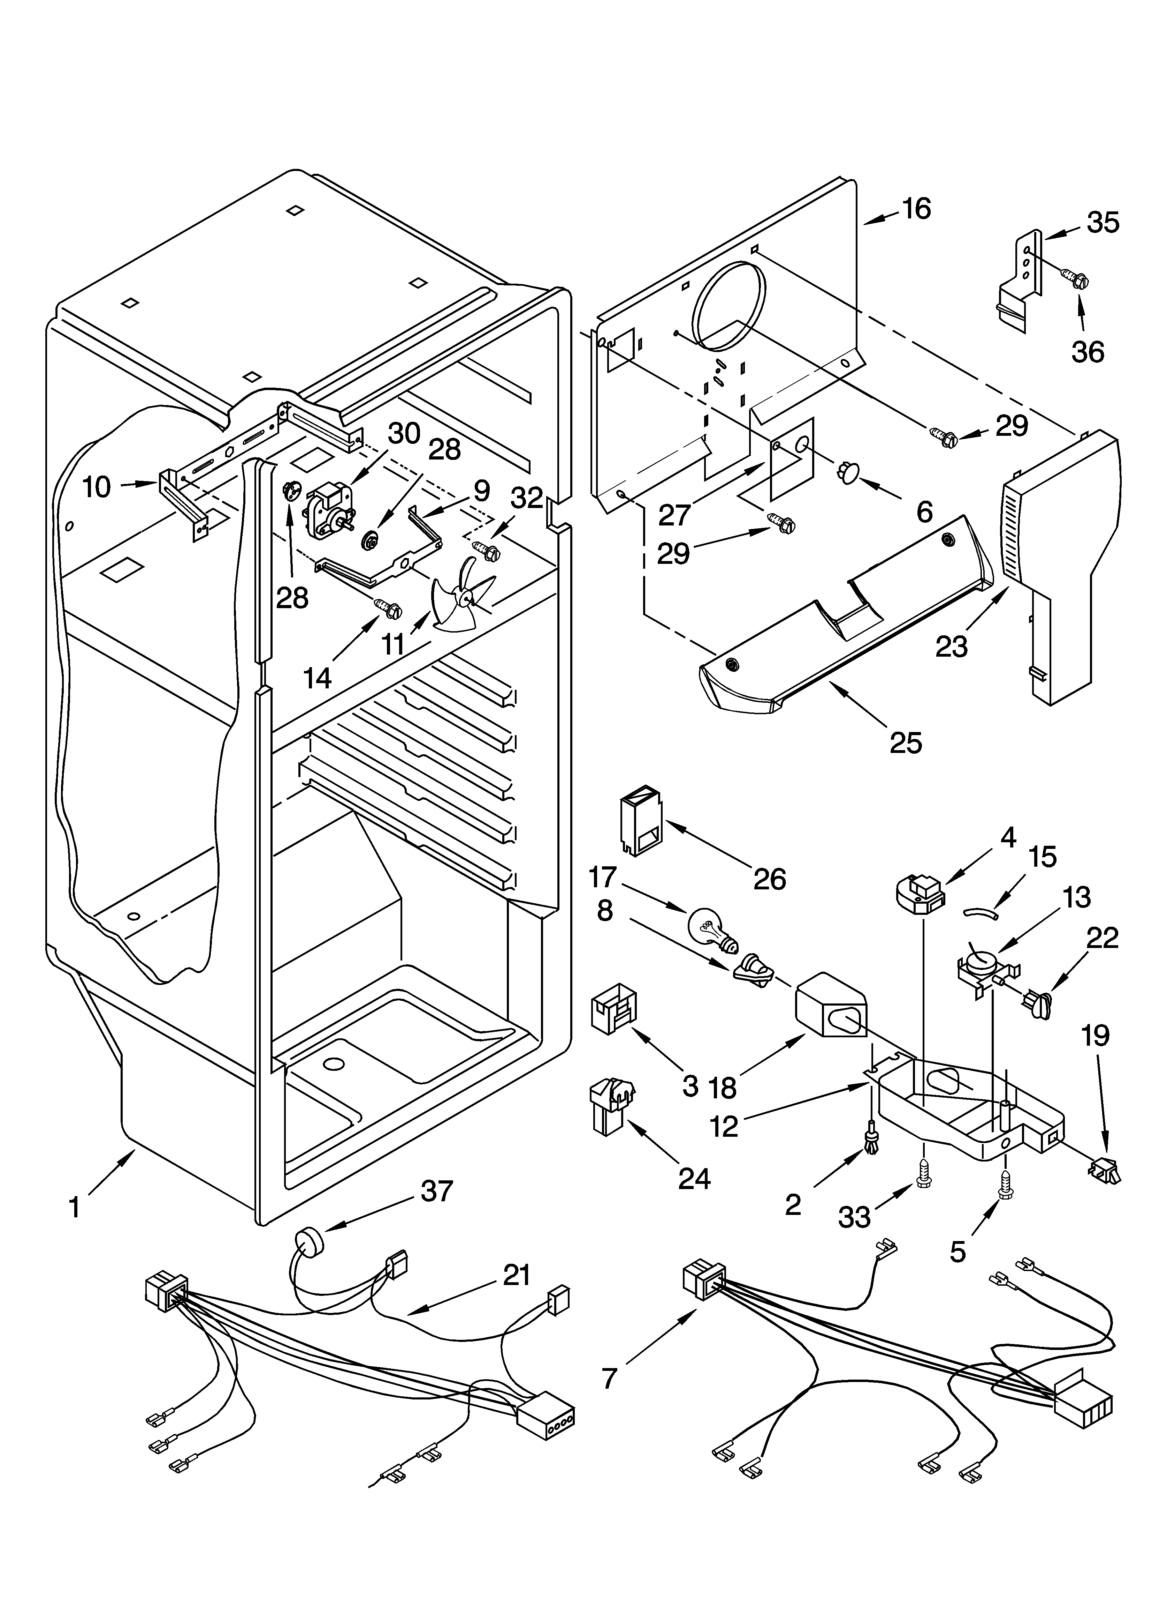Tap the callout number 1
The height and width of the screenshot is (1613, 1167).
(x=75, y=1208)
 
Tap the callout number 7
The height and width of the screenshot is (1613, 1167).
(x=609, y=1378)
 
